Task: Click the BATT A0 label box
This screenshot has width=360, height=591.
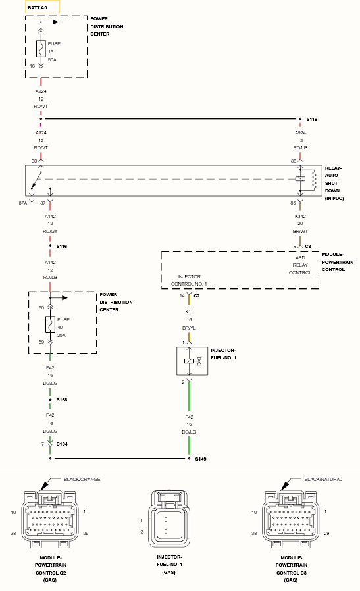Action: [42, 7]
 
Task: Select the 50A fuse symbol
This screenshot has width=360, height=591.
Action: [41, 49]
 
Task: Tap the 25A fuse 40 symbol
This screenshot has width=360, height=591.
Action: [50, 324]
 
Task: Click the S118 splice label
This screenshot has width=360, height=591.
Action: [312, 120]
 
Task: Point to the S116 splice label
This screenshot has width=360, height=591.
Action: [62, 247]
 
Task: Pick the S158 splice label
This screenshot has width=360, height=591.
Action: [62, 400]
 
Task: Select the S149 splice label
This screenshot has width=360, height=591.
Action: [201, 459]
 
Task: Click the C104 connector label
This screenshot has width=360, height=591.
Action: [62, 444]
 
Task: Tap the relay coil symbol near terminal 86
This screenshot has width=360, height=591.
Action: [301, 178]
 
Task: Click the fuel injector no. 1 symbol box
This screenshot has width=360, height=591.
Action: [192, 361]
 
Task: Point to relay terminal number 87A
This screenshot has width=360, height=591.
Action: [23, 203]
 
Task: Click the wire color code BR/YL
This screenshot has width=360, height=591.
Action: [189, 328]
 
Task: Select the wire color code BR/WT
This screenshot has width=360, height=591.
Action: [300, 232]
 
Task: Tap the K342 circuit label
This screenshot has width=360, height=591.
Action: [300, 217]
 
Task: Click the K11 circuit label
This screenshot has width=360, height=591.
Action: [189, 312]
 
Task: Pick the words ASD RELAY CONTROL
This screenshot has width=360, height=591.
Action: [300, 265]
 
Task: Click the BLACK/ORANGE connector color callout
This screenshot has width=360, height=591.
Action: [82, 479]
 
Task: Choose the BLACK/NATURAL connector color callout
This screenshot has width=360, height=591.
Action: [323, 479]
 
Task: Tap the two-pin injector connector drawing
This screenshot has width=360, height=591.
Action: [169, 519]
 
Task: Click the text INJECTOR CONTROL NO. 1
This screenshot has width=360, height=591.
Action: [189, 280]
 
